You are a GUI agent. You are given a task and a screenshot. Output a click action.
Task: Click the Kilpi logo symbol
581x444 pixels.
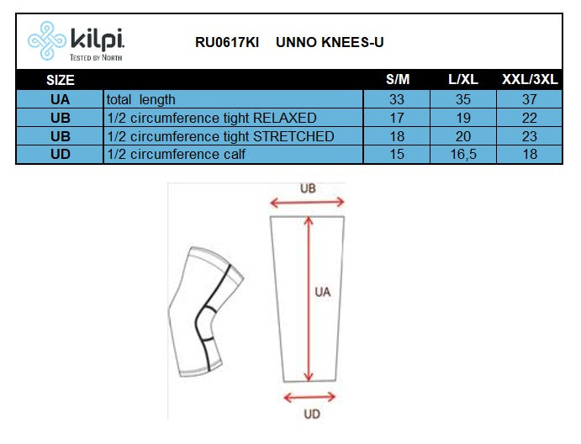click(46, 41)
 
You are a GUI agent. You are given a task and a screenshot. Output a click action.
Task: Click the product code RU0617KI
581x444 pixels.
click(226, 41)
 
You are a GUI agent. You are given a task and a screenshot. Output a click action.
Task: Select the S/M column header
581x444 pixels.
click(397, 80)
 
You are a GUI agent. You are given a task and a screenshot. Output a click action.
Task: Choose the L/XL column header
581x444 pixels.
click(463, 80)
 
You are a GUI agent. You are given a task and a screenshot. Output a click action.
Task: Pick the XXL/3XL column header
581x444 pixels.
click(530, 80)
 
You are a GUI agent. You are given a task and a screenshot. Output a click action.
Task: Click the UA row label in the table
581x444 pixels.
click(60, 99)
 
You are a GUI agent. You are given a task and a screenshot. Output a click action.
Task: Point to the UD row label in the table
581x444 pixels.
click(60, 154)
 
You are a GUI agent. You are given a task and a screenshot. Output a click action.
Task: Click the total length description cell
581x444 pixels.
click(141, 99)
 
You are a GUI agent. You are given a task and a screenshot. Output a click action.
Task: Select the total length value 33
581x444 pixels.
click(397, 99)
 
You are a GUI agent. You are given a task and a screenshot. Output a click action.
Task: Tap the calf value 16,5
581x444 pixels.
click(463, 154)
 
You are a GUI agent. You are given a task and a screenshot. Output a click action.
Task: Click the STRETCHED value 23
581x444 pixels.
click(530, 136)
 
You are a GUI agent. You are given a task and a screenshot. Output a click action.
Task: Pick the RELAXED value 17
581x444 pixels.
click(397, 118)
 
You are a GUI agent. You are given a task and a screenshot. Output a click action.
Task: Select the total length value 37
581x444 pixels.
click(530, 99)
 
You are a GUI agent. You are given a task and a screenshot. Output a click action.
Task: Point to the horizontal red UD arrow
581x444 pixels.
click(310, 397)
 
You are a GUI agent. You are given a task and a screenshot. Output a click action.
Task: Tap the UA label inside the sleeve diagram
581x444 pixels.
click(322, 293)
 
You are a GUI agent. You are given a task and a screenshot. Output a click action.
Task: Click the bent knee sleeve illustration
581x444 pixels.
click(201, 310)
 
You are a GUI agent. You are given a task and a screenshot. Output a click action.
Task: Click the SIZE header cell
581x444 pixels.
click(60, 80)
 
